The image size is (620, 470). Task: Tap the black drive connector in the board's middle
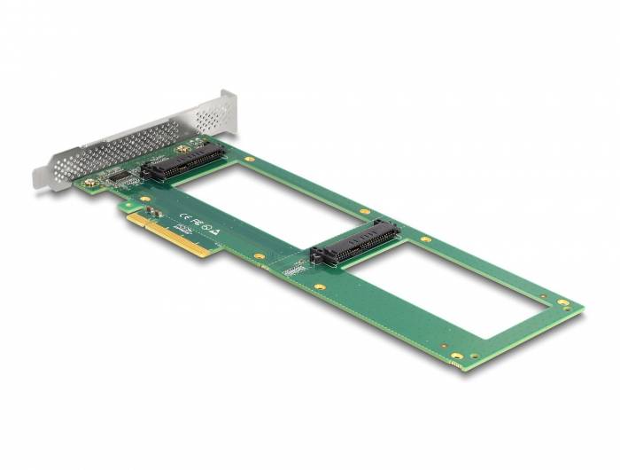coord(354,242)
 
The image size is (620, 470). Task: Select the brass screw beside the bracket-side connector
coord(183,147)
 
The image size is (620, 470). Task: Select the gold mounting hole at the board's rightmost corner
coord(563,303)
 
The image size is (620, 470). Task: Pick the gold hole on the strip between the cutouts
coord(364,212)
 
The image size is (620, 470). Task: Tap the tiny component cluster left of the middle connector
coord(294,266)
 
